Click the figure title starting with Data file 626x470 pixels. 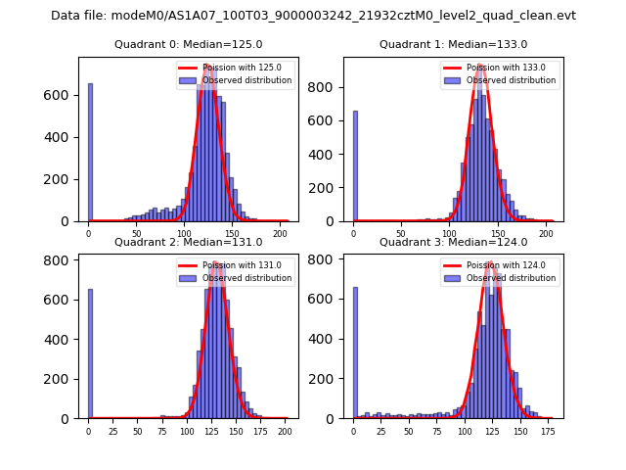click(x=313, y=16)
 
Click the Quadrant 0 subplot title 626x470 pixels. click(x=188, y=44)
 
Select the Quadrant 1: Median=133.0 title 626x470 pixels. click(x=453, y=44)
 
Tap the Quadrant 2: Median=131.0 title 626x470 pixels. click(x=188, y=242)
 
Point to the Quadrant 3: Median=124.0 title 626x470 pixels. click(x=453, y=242)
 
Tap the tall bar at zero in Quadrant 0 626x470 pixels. click(x=90, y=152)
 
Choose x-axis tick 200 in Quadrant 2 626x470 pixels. click(x=285, y=431)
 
